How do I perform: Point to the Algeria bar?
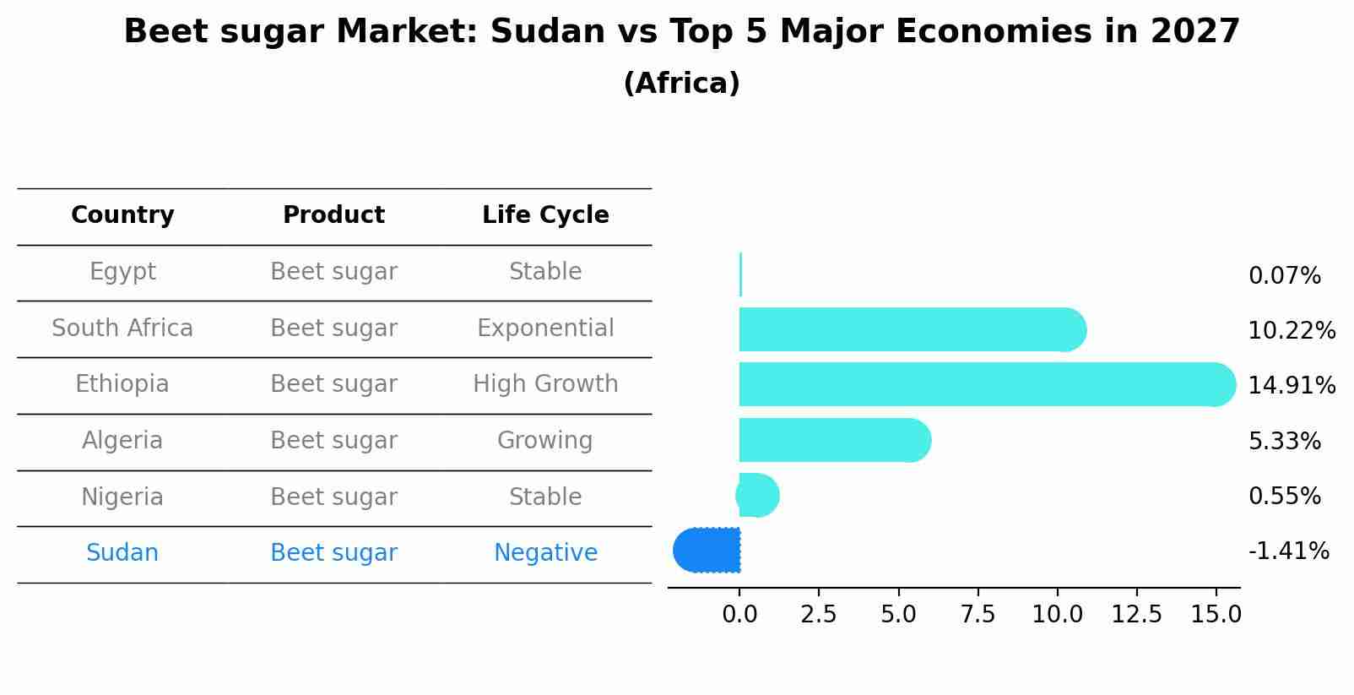click(832, 440)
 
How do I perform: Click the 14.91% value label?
click(1291, 386)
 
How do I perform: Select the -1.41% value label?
click(1288, 551)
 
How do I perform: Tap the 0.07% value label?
click(1284, 276)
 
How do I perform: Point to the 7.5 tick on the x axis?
click(978, 615)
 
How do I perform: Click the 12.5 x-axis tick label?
click(1136, 615)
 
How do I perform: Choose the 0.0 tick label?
click(739, 615)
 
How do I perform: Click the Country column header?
click(122, 215)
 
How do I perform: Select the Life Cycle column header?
click(545, 215)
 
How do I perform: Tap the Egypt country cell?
click(122, 272)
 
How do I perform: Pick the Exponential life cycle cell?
click(545, 328)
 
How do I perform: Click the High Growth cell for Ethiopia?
click(545, 384)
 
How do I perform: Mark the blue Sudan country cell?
click(122, 553)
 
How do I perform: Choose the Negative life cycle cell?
click(545, 553)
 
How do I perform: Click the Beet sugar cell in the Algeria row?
click(333, 441)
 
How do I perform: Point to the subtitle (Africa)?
click(681, 84)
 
